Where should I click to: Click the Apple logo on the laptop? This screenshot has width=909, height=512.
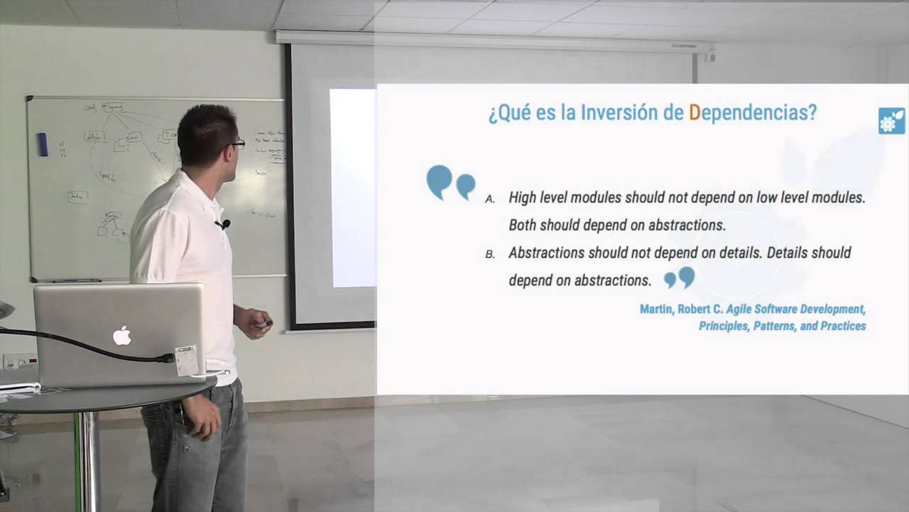coord(122,335)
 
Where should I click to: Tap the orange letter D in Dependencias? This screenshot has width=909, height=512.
coord(695,112)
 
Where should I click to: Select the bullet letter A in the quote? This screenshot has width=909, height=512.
coord(490,200)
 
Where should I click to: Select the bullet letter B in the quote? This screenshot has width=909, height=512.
coord(490,255)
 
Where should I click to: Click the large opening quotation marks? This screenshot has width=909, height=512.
coord(450,183)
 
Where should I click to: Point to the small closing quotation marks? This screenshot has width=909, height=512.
coord(679,277)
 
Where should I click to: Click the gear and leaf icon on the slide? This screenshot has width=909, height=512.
coord(891,122)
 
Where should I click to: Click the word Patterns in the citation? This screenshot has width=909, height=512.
coord(763,326)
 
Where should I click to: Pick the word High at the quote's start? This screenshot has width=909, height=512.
coord(522,198)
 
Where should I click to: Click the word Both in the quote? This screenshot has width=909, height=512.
coord(523,225)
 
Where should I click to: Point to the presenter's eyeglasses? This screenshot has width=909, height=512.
coord(236,144)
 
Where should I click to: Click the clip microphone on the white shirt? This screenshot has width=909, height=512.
coord(224,225)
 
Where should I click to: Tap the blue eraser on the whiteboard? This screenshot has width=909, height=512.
coord(43,144)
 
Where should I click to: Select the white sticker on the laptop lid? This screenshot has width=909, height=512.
coord(186,361)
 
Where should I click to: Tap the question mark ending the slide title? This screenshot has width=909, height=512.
coord(812,112)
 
